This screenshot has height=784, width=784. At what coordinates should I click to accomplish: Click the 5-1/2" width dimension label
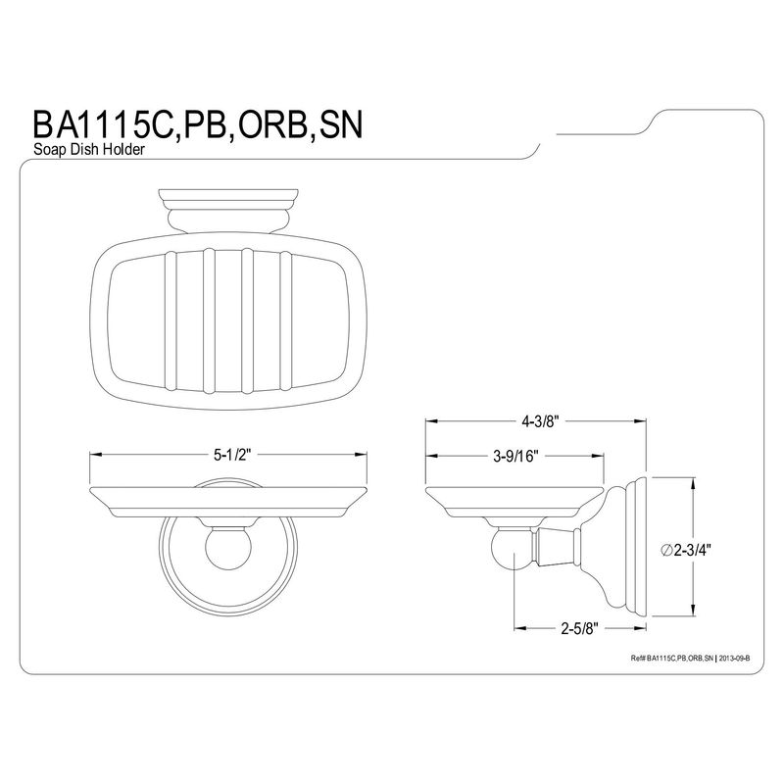[x=231, y=455]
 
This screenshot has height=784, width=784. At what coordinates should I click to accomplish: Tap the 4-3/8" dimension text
[x=540, y=421]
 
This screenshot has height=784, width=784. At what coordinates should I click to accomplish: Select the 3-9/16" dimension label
[x=516, y=456]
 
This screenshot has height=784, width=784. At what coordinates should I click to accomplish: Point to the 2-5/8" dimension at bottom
[x=579, y=628]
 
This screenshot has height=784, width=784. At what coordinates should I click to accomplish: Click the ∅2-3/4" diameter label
[x=685, y=550]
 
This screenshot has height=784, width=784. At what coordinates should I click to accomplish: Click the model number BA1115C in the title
[x=103, y=125]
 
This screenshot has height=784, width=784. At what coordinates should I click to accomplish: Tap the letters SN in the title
[x=341, y=125]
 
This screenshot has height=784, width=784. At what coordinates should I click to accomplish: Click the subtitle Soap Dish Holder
[x=89, y=149]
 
